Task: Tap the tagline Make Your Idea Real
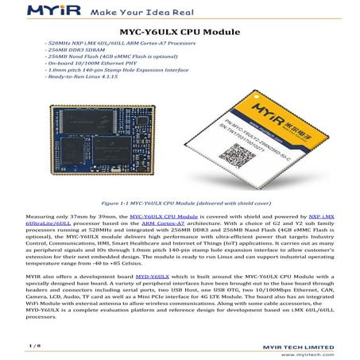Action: (140, 14)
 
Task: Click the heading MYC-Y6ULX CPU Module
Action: (180, 31)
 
